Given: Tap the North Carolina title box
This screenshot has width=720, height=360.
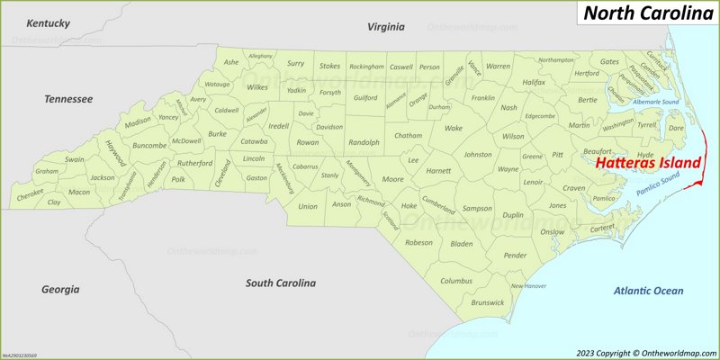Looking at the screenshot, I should pos(646,13).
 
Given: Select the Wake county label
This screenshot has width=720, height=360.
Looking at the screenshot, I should pos(454,128).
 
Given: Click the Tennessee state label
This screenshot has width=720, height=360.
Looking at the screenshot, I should pos(68,98).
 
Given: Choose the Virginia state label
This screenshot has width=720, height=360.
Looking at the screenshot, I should pos(386,28).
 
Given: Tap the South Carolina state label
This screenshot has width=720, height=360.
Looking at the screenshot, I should pos(281,283).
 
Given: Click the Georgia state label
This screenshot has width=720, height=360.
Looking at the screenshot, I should pos(60,289).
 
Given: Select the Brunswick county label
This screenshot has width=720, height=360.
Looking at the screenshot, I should pos(487,302).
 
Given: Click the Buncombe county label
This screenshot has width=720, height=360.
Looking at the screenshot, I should pos(148,145).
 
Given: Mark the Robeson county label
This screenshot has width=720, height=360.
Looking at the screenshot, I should pos(418,242).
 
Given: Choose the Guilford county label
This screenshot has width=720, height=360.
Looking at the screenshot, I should pos(365,97).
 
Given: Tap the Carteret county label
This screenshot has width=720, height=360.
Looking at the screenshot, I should pos(600,229).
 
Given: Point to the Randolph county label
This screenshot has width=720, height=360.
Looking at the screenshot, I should pos(364,142).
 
